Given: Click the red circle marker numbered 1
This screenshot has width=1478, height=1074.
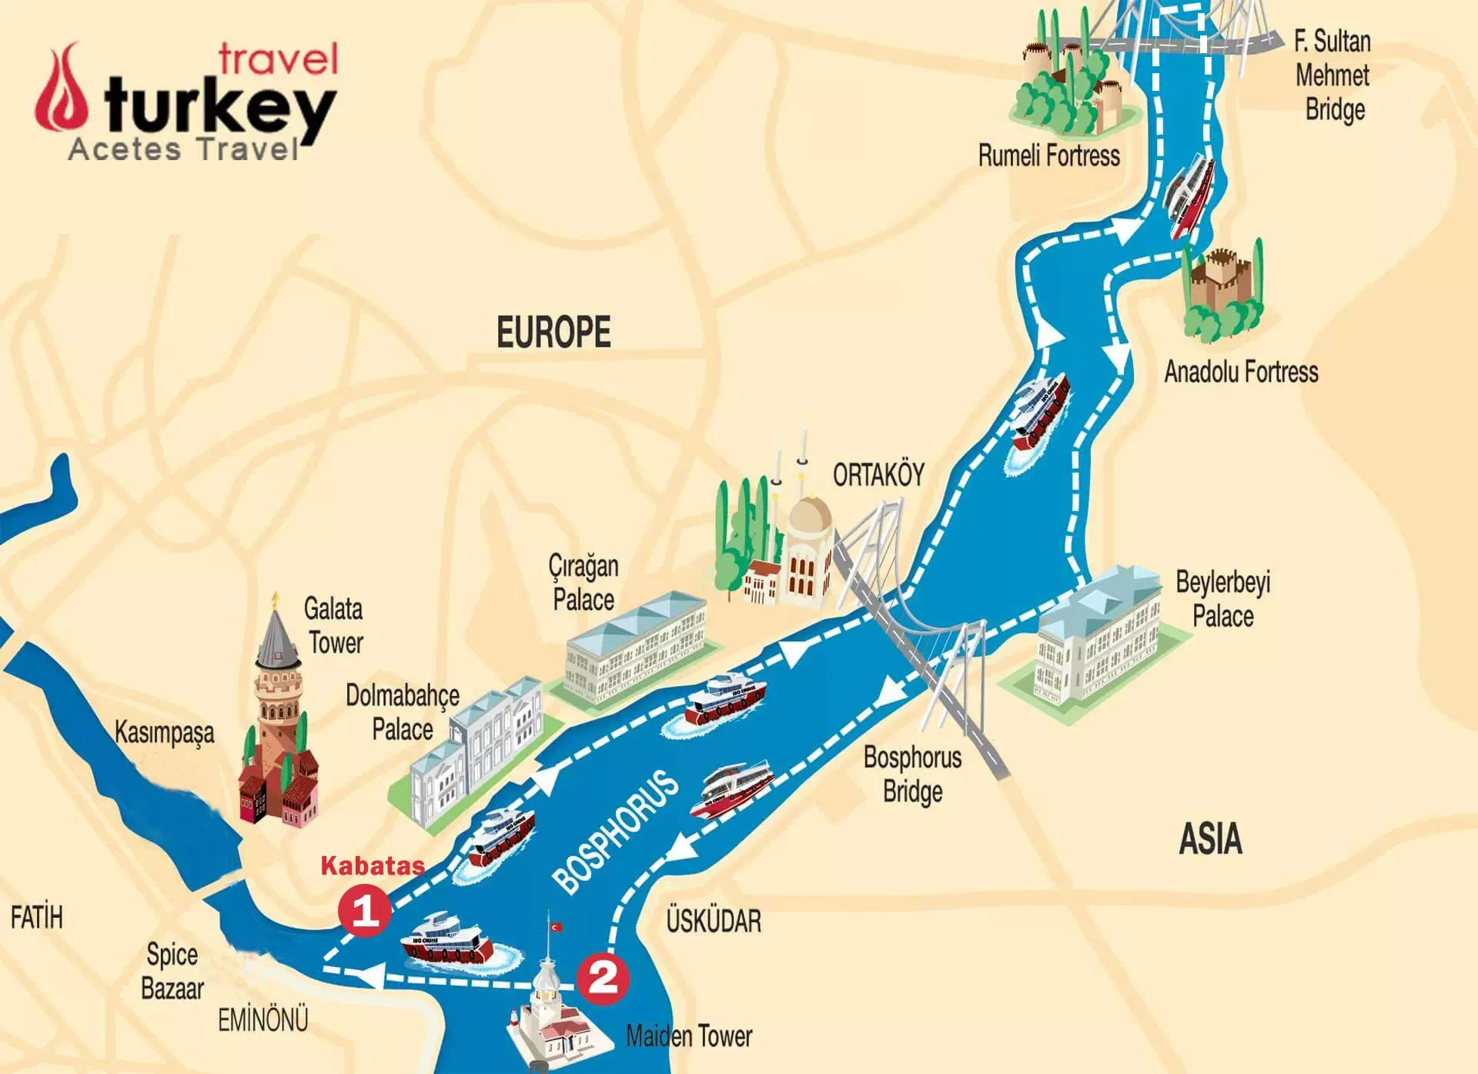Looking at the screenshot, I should (364, 912).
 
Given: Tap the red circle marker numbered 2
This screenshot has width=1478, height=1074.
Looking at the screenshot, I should (603, 978).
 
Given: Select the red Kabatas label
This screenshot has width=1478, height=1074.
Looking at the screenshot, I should (373, 865).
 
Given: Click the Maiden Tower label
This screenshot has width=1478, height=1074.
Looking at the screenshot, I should (689, 1036).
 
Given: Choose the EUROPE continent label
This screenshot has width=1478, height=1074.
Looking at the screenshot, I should (553, 333).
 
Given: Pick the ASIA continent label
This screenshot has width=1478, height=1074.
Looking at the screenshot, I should (1210, 838).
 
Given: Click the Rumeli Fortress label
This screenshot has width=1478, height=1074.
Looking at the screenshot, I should (1048, 156).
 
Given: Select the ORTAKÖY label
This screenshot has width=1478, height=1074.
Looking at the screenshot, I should (878, 475).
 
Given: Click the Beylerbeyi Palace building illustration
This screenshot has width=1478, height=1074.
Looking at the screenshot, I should (1097, 639).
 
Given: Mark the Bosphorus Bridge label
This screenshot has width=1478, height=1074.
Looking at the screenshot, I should (912, 774).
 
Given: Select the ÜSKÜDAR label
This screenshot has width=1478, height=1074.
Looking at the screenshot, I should (714, 921).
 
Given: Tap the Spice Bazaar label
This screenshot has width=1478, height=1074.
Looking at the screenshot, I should (172, 972).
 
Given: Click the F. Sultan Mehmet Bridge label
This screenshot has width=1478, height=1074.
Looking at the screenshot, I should (1333, 75).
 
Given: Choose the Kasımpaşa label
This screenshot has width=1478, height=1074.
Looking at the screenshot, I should (164, 732).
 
